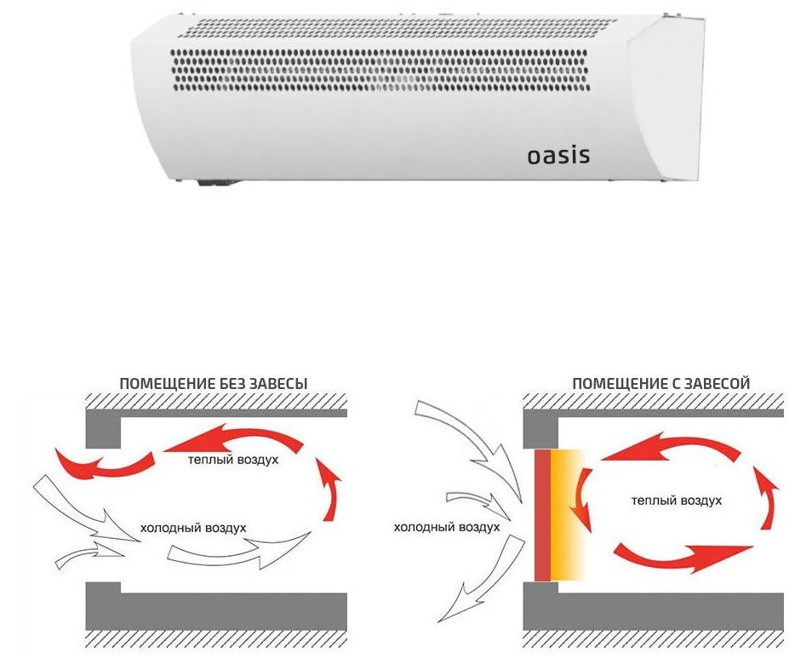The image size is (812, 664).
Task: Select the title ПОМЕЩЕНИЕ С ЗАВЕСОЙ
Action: (660, 384)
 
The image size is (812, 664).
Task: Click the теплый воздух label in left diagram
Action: (233, 460)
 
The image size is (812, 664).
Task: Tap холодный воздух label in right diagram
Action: (446, 527)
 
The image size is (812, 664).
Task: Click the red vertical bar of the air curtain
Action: (542, 515)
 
